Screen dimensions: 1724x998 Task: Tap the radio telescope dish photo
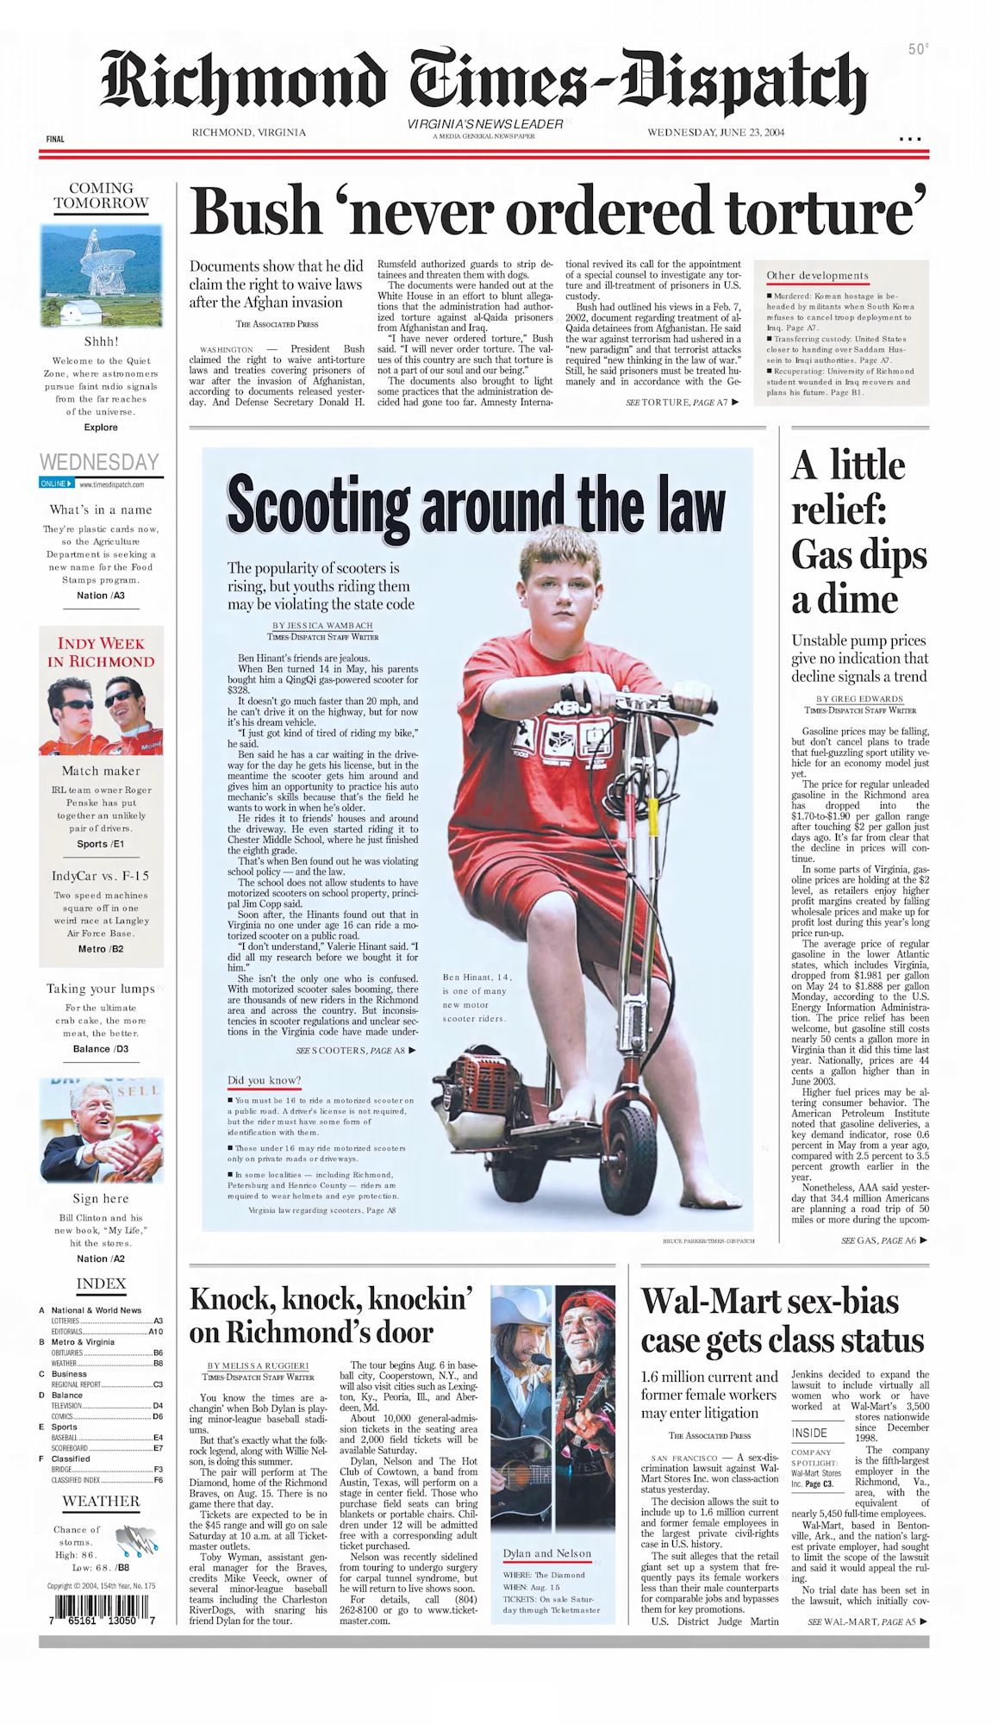pos(101,274)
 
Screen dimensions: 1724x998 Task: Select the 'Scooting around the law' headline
pos(476,506)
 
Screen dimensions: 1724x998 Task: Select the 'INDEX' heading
pos(101,1284)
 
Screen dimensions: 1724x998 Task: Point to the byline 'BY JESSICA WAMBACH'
pos(322,626)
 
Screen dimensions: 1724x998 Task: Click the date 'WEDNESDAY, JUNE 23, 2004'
pos(715,133)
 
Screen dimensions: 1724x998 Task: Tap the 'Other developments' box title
pos(817,276)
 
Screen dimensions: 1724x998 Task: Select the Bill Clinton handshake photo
pos(101,1130)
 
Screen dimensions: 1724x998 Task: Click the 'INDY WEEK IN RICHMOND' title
pos(101,653)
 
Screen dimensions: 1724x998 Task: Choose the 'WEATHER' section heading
pos(101,1501)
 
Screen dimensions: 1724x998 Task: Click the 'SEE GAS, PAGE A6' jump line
pos(883,1240)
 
